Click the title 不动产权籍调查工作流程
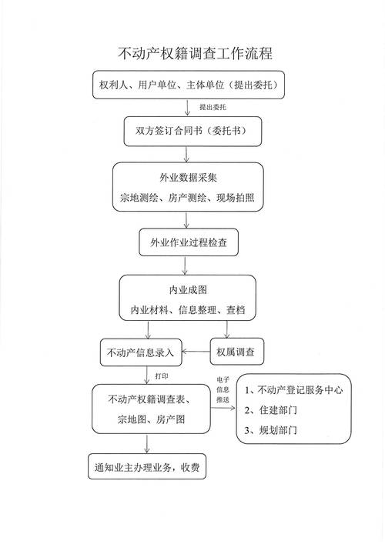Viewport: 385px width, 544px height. pyautogui.click(x=194, y=54)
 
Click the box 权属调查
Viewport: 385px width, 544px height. pyautogui.click(x=237, y=353)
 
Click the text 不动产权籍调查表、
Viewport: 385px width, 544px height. pyautogui.click(x=151, y=399)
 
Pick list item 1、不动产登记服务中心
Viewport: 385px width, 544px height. pyautogui.click(x=293, y=390)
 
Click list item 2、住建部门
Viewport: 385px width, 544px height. pyautogui.click(x=273, y=410)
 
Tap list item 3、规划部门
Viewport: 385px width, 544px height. pyautogui.click(x=273, y=430)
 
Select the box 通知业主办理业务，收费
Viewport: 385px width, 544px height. pyautogui.click(x=146, y=467)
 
